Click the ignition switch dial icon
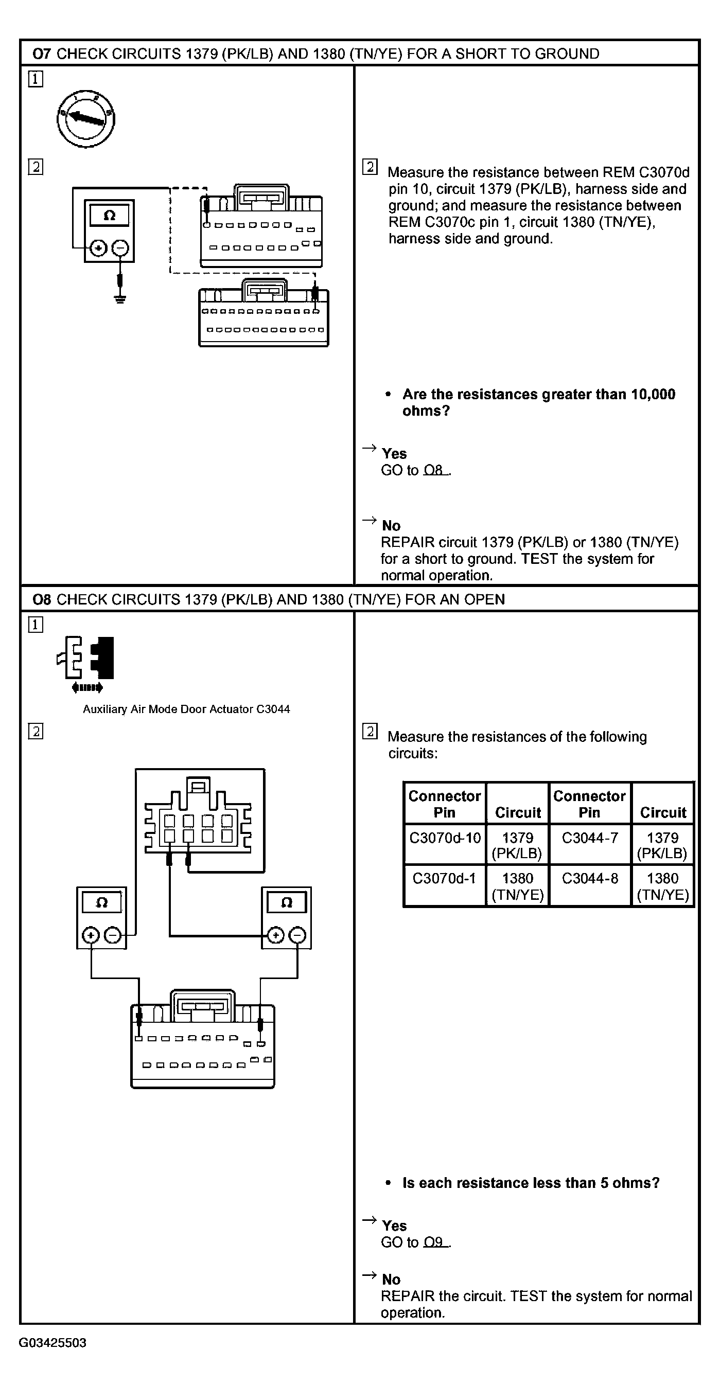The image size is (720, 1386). pyautogui.click(x=86, y=119)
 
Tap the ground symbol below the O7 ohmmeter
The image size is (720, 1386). pyautogui.click(x=120, y=297)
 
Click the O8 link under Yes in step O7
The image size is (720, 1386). pyautogui.click(x=434, y=470)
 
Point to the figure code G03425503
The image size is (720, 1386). pyautogui.click(x=52, y=1343)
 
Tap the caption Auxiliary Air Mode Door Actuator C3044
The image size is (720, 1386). pyautogui.click(x=186, y=709)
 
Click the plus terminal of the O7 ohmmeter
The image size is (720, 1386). pyautogui.click(x=98, y=248)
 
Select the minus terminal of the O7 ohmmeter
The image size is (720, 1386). pyautogui.click(x=120, y=248)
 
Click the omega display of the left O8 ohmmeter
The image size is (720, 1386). pyautogui.click(x=102, y=902)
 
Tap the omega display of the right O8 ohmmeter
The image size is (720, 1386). pyautogui.click(x=286, y=902)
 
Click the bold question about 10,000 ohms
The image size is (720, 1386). pyautogui.click(x=538, y=402)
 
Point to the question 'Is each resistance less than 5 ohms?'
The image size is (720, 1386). pyautogui.click(x=531, y=1183)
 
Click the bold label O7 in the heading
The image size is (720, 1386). pyautogui.click(x=42, y=54)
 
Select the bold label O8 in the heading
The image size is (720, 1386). pyautogui.click(x=42, y=599)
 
